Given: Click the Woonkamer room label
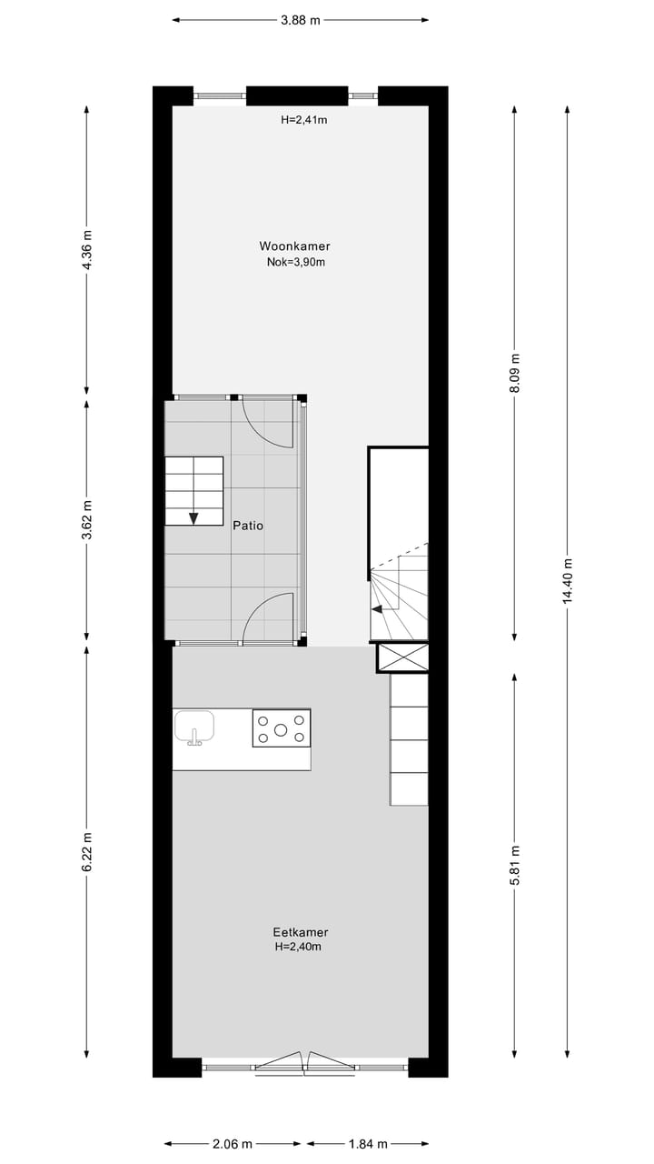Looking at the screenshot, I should tap(294, 246).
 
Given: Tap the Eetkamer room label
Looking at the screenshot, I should tap(300, 932).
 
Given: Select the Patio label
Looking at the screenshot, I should tap(248, 525).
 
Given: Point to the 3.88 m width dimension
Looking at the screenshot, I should tap(300, 20).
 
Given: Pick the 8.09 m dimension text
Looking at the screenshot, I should tap(515, 373).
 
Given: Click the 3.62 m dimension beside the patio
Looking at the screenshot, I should tap(87, 520).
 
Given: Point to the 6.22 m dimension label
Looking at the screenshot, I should tap(87, 852).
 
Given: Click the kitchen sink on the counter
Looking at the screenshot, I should tap(193, 727).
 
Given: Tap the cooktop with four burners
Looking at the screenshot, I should tap(281, 728).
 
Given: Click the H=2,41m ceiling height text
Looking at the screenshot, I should tap(302, 119).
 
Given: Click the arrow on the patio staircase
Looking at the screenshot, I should tap(193, 517).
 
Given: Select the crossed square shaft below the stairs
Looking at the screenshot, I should tap(402, 657).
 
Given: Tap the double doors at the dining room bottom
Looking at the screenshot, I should tap(305, 1061).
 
